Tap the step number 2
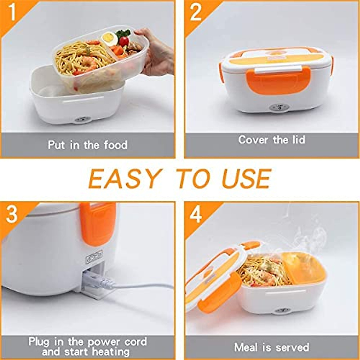tap(196, 13)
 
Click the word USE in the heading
tap(246, 179)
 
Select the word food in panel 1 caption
tap(116, 145)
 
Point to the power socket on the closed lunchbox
tap(279, 107)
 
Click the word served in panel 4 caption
tap(291, 347)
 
